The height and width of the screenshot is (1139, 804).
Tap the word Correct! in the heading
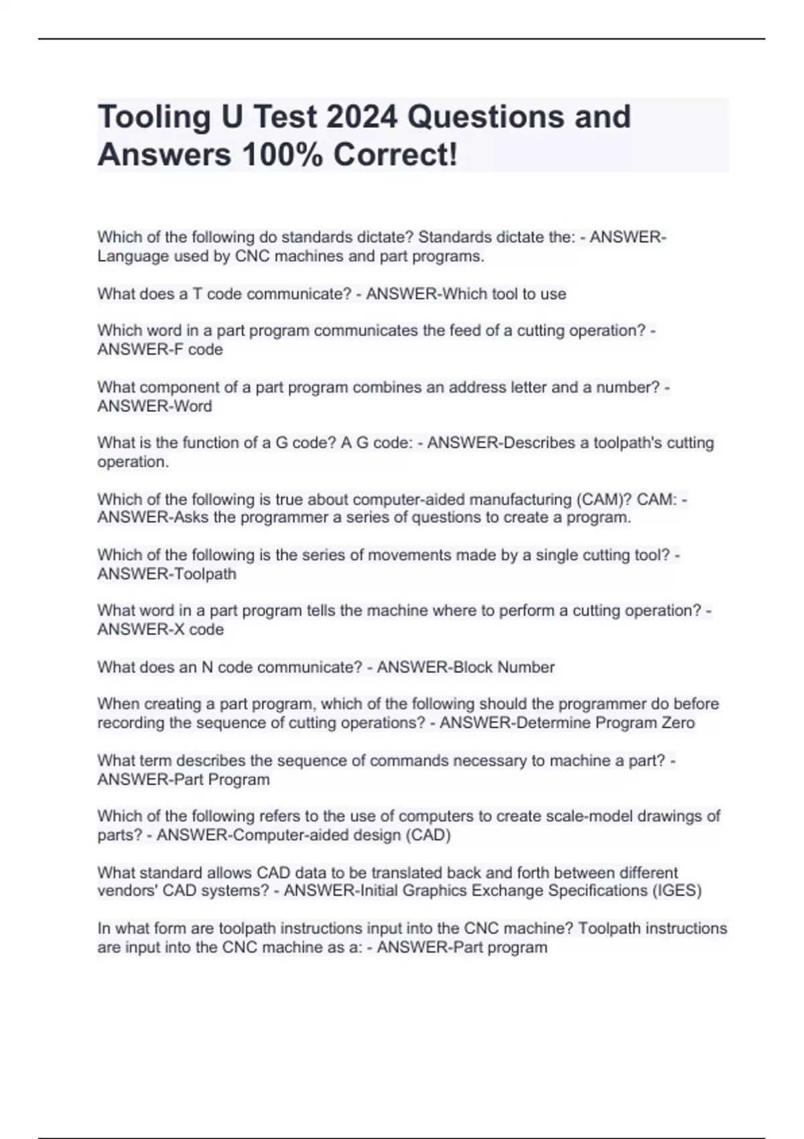395,155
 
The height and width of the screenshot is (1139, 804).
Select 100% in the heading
281,155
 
